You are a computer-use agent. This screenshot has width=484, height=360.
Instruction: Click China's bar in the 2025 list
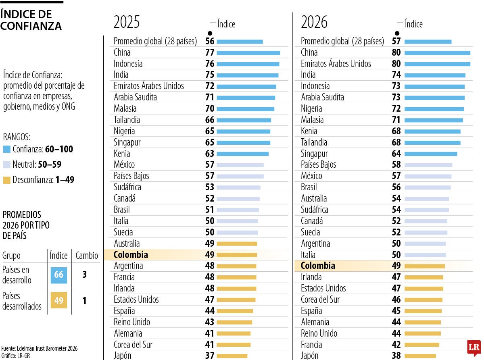click(x=248, y=53)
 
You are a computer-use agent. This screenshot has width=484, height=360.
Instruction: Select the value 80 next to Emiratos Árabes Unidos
click(x=396, y=64)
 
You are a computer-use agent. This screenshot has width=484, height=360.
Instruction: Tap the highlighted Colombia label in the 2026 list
click(x=318, y=266)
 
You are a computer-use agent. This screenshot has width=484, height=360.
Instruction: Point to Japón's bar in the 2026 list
click(x=420, y=356)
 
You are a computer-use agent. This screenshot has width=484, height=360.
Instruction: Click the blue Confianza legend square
click(x=6, y=149)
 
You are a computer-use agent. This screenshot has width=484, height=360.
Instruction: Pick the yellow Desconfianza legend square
click(x=6, y=180)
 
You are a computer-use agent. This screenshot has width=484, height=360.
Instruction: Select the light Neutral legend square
click(x=6, y=164)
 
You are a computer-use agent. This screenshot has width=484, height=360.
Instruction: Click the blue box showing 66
click(x=59, y=275)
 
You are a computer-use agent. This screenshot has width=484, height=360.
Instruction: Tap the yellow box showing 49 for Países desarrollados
click(x=59, y=301)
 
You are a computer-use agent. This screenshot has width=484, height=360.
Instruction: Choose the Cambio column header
click(x=87, y=256)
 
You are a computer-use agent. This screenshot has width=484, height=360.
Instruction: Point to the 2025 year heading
click(x=127, y=22)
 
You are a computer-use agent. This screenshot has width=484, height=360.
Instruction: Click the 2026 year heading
click(x=314, y=22)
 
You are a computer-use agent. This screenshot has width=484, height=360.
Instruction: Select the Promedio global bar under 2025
click(x=240, y=42)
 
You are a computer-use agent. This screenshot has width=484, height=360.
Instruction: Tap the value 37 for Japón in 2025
click(x=210, y=356)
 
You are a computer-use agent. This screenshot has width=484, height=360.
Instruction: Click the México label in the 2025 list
click(x=124, y=164)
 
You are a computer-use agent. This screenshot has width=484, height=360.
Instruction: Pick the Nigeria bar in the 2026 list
click(x=434, y=109)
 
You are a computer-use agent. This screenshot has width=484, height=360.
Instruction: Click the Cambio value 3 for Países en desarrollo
click(x=85, y=275)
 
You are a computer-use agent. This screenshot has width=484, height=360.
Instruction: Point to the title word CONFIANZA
click(x=31, y=26)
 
